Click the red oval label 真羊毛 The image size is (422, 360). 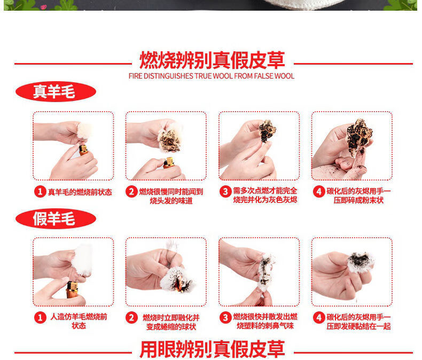pyautogui.click(x=56, y=91)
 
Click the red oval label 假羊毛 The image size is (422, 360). pyautogui.click(x=56, y=218)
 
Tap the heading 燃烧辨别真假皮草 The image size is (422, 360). pyautogui.click(x=212, y=60)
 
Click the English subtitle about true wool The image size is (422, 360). pyautogui.click(x=212, y=76)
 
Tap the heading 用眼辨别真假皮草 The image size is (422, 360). pyautogui.click(x=213, y=349)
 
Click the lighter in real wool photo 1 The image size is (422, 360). pyautogui.click(x=83, y=150)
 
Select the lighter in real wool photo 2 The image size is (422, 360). pyautogui.click(x=169, y=163)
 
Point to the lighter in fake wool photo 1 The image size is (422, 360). pyautogui.click(x=72, y=289)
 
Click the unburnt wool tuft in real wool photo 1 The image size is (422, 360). pyautogui.click(x=84, y=131)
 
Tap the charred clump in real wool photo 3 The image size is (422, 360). pyautogui.click(x=267, y=131)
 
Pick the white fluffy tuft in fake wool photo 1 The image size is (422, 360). pyautogui.click(x=82, y=260)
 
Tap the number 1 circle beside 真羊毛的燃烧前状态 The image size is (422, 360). pyautogui.click(x=40, y=192)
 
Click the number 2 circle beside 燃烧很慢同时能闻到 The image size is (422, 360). pyautogui.click(x=131, y=192)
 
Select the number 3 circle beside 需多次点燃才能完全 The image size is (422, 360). pyautogui.click(x=225, y=192)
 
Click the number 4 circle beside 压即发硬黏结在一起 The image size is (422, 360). pyautogui.click(x=319, y=317)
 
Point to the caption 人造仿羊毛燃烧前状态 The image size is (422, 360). pyautogui.click(x=79, y=321)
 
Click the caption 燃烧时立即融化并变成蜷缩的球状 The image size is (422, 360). pyautogui.click(x=171, y=322)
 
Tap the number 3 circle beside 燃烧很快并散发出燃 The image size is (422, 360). pyautogui.click(x=225, y=317)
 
